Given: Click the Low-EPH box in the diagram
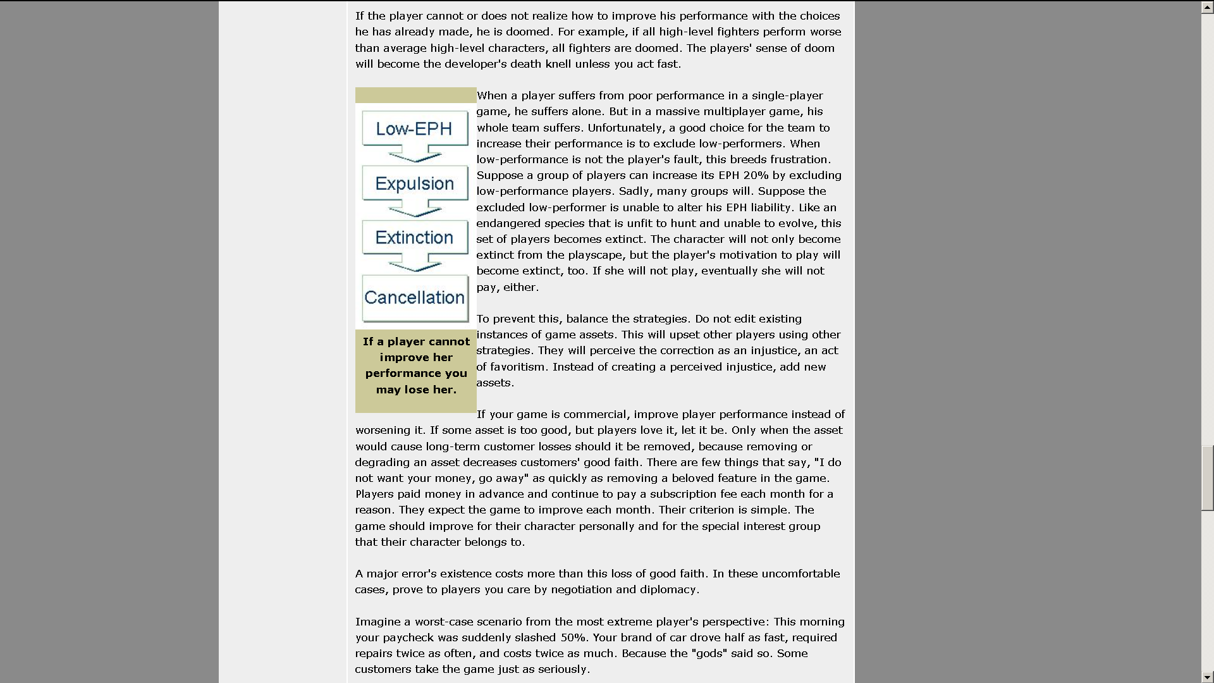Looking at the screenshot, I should pos(415,129).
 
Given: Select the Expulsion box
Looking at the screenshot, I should pos(415,183).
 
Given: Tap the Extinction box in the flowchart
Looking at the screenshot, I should pos(415,238).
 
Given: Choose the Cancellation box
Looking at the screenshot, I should pos(415,298).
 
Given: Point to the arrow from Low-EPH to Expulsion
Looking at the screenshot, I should pos(415,154).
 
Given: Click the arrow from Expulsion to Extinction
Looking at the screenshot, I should pos(415,209).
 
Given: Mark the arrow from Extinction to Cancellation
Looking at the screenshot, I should pos(415,264).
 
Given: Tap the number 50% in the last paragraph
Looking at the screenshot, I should pos(573,637).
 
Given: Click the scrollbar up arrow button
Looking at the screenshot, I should pos(1207,7).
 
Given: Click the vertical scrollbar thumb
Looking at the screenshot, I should pos(1207,477).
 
